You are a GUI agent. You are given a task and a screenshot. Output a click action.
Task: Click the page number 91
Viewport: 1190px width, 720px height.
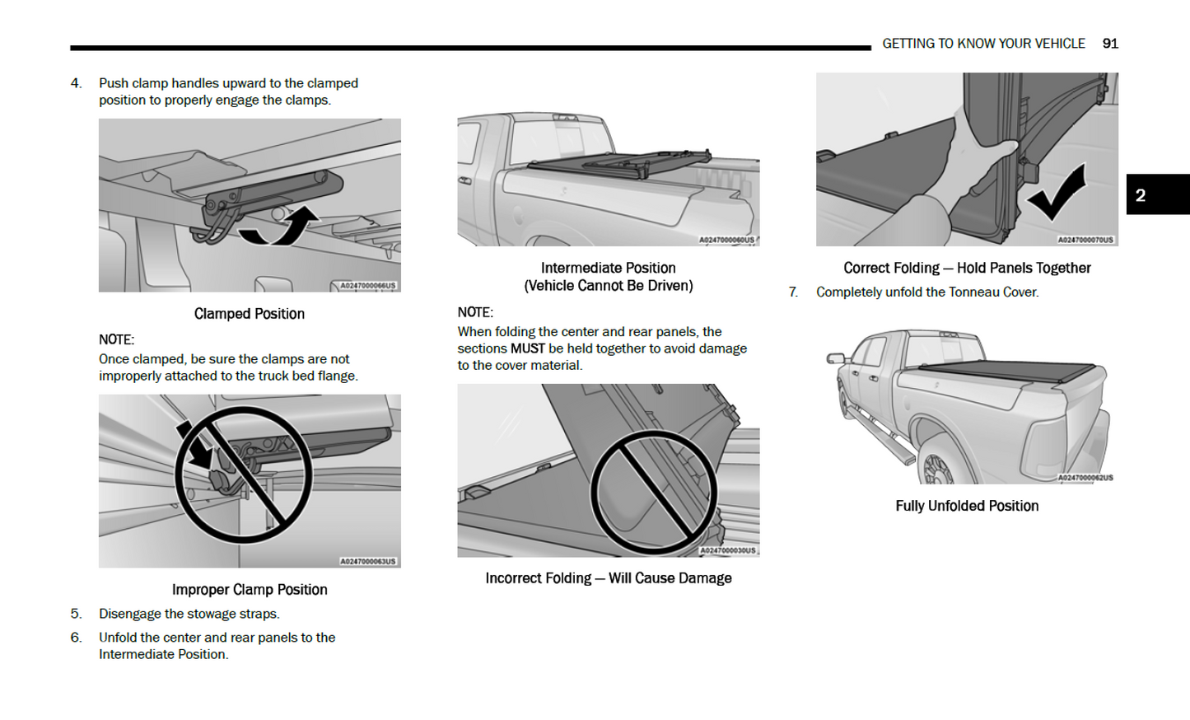click(1110, 44)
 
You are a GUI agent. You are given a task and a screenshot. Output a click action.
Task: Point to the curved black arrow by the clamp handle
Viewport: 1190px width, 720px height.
click(281, 228)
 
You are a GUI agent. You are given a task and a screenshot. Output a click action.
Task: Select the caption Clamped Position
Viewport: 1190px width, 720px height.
click(249, 314)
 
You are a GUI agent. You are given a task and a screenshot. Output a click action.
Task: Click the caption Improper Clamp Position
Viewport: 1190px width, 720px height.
click(249, 590)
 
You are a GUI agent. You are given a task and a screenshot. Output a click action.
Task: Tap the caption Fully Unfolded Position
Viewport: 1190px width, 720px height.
click(966, 506)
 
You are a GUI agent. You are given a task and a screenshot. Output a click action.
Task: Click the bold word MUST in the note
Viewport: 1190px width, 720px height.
click(527, 348)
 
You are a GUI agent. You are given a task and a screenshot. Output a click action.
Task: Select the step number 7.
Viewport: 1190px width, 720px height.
click(793, 292)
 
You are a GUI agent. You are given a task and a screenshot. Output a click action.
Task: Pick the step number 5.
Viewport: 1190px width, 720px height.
click(76, 614)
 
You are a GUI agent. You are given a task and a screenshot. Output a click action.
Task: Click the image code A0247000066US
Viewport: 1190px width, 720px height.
click(368, 286)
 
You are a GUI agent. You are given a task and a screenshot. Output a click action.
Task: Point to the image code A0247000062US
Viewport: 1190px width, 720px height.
click(1085, 478)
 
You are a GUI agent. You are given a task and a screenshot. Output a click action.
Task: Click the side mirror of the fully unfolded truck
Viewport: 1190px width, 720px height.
click(836, 358)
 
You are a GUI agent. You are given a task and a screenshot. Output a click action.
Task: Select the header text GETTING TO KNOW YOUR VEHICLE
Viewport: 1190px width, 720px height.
click(983, 44)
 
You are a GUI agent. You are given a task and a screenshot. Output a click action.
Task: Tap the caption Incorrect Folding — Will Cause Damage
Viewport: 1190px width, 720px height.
click(608, 578)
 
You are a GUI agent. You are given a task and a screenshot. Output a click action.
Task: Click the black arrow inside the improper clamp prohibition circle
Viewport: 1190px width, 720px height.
click(196, 446)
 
